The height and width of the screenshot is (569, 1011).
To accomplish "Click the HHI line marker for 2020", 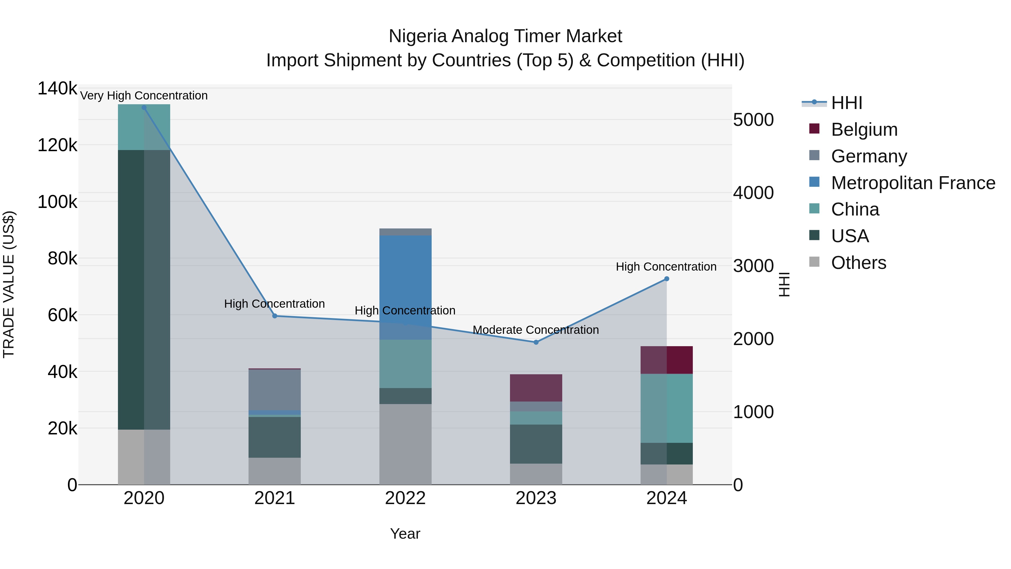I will click(x=144, y=108).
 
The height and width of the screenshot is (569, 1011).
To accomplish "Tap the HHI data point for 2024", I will click(x=666, y=279).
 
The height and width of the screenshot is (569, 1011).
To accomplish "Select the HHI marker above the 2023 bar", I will click(x=536, y=342).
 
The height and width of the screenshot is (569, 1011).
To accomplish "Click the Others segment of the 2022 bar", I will click(x=406, y=444).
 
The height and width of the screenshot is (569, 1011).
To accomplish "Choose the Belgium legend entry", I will click(x=864, y=130).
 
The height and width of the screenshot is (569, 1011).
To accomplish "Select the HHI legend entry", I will click(x=846, y=103).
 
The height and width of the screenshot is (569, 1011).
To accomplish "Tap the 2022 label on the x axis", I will click(x=406, y=498).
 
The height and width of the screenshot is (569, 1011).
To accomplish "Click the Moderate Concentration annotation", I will click(x=536, y=330).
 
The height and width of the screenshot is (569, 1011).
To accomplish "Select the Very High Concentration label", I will click(x=144, y=96).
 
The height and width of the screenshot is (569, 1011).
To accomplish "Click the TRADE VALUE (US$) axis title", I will click(x=9, y=284).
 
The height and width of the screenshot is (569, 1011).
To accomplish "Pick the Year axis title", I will click(x=405, y=534).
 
